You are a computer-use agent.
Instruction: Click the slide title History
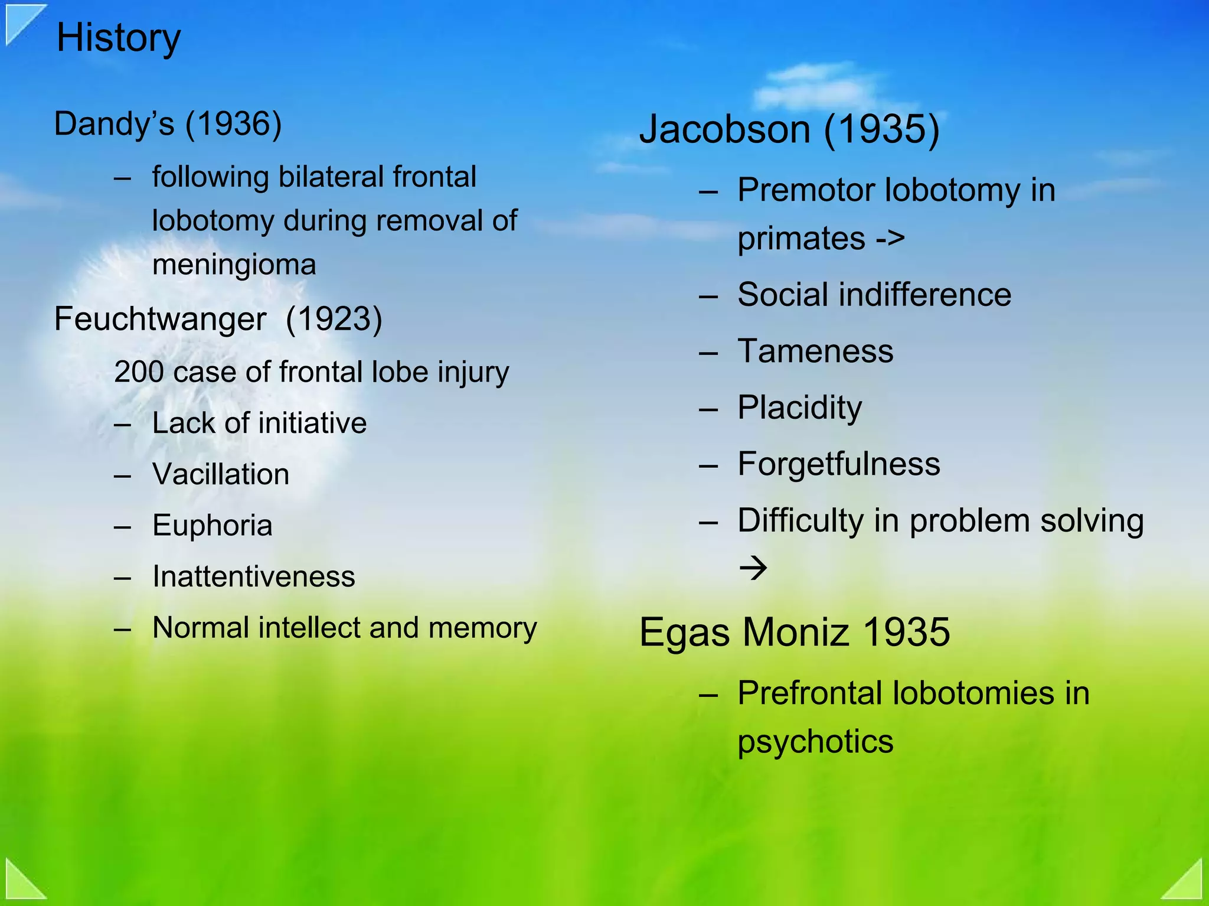click(118, 38)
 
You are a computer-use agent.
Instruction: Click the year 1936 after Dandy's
click(234, 124)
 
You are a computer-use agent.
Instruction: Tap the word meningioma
click(234, 265)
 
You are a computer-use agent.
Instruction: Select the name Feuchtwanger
click(160, 319)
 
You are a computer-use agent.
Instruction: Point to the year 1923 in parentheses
click(334, 319)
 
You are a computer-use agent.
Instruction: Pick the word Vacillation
click(221, 474)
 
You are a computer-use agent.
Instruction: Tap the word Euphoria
click(213, 525)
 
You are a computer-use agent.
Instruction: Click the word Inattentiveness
click(254, 576)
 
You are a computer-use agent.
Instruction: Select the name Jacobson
click(724, 129)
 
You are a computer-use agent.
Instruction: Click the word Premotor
click(806, 190)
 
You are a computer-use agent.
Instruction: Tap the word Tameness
click(815, 351)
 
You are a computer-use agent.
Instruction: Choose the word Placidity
click(800, 408)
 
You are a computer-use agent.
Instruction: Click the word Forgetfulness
click(839, 464)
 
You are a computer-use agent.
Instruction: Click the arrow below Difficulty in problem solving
click(753, 568)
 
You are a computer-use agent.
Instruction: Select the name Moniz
click(796, 633)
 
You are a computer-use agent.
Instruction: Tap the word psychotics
click(815, 742)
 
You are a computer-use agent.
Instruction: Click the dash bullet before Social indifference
click(708, 296)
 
